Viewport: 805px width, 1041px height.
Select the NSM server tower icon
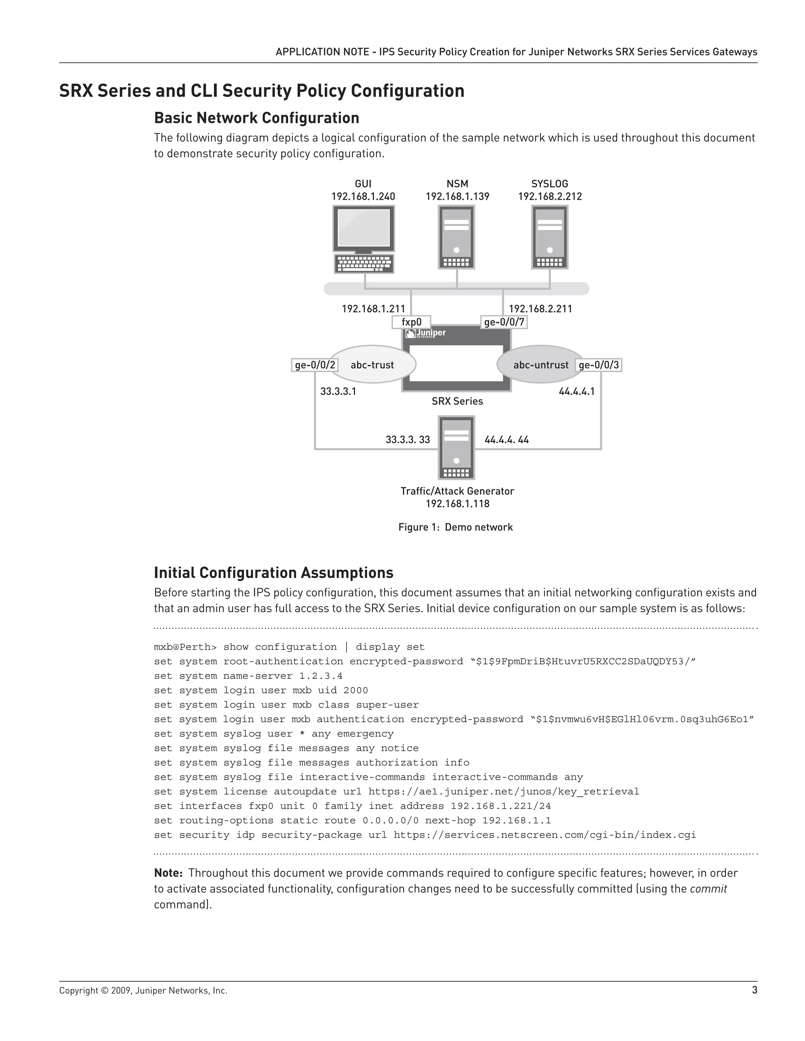click(x=456, y=237)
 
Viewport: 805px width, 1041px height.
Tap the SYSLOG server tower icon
click(x=550, y=237)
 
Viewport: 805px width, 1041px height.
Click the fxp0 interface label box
click(x=411, y=322)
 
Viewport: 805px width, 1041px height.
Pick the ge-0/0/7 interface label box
click(x=504, y=322)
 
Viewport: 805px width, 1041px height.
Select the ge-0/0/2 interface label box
click(x=315, y=365)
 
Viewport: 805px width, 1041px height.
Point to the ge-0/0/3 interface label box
click(x=599, y=365)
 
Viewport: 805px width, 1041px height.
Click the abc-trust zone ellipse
click(x=373, y=365)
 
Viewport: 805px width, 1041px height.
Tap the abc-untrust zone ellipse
click(x=540, y=365)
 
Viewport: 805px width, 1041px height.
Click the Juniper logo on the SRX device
click(x=425, y=333)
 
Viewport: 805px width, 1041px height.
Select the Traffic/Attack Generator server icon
click(x=456, y=447)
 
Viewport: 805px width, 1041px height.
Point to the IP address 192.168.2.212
click(x=550, y=196)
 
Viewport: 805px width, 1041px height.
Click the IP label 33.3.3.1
click(x=338, y=391)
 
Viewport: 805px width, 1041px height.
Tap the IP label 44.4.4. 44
click(x=506, y=440)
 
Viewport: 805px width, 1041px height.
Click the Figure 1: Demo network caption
click(x=456, y=527)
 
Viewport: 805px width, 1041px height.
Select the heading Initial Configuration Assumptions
click(x=273, y=572)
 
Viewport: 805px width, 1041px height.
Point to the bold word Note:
click(x=168, y=873)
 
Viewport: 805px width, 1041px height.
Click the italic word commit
click(x=708, y=889)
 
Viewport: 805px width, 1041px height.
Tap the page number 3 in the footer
click(x=754, y=990)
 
